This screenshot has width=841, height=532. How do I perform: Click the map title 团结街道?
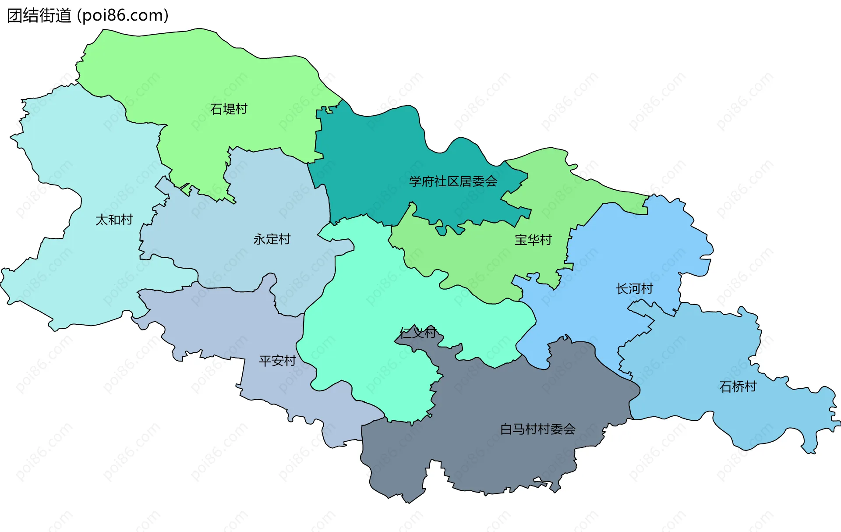point(39,16)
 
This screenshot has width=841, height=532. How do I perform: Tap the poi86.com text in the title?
point(123,16)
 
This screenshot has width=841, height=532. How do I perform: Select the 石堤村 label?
point(229,109)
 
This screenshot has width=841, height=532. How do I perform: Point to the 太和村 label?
point(114,220)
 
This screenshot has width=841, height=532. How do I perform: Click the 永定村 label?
point(272,239)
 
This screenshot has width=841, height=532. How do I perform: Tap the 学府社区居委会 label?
point(453,181)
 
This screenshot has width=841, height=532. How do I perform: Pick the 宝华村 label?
point(533,240)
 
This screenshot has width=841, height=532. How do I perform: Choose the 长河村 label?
point(634,289)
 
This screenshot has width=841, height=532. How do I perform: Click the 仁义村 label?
point(418,333)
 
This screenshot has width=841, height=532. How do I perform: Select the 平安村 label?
point(277,361)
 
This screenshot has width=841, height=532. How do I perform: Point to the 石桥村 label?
point(738,387)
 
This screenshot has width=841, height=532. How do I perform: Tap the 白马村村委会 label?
point(538,429)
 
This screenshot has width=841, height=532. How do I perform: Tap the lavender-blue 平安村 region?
point(210,324)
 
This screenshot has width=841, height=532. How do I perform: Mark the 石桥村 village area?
point(701,359)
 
